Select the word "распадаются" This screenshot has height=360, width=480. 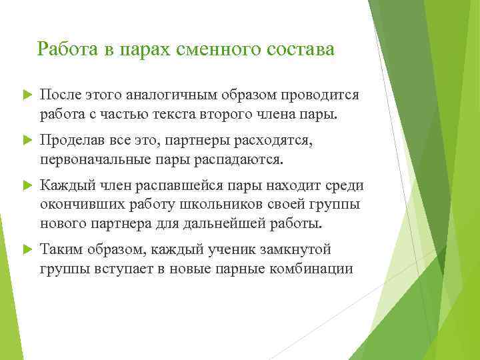[x=237, y=160]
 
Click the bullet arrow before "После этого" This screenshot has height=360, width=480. [x=27, y=95]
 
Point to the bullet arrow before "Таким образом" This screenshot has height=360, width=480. [x=27, y=251]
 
